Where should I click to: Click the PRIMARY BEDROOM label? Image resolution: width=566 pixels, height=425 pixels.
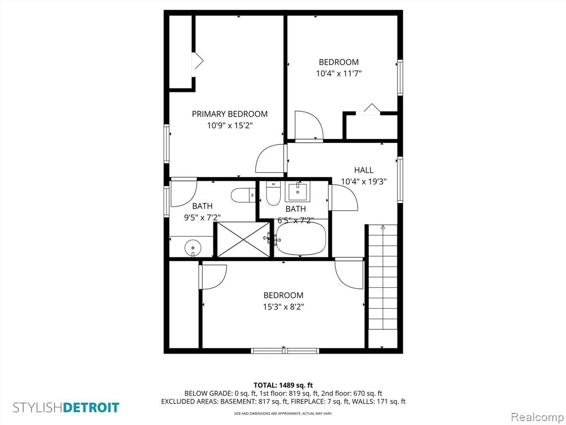click(229, 114)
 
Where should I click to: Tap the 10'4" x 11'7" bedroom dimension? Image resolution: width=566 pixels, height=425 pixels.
click(339, 74)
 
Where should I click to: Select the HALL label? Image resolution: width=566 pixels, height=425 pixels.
click(364, 170)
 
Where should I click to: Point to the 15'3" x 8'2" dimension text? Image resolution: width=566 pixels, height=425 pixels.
click(284, 307)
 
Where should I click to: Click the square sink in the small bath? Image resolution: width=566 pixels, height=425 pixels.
click(297, 192)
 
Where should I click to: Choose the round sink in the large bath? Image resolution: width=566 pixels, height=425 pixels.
click(193, 248)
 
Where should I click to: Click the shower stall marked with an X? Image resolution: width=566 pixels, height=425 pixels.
click(244, 240)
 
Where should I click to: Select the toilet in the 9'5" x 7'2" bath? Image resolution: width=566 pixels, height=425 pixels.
click(243, 195)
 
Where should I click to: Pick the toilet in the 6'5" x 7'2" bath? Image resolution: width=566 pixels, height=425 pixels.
click(273, 193)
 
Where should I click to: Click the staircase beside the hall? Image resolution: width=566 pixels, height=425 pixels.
click(382, 286)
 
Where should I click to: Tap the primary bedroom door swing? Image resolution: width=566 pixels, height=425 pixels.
click(270, 158)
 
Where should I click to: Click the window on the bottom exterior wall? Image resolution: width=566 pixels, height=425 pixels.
click(285, 350)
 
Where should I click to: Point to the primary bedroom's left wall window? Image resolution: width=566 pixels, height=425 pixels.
click(166, 143)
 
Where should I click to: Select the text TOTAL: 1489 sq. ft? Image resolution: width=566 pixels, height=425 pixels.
click(283, 385)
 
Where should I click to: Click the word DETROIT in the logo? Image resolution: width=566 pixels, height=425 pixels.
click(91, 408)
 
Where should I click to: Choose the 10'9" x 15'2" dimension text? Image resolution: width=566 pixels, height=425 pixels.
click(229, 126)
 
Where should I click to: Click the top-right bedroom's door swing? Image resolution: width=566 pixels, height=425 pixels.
click(309, 125)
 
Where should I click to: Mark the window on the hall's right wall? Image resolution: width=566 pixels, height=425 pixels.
click(400, 180)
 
